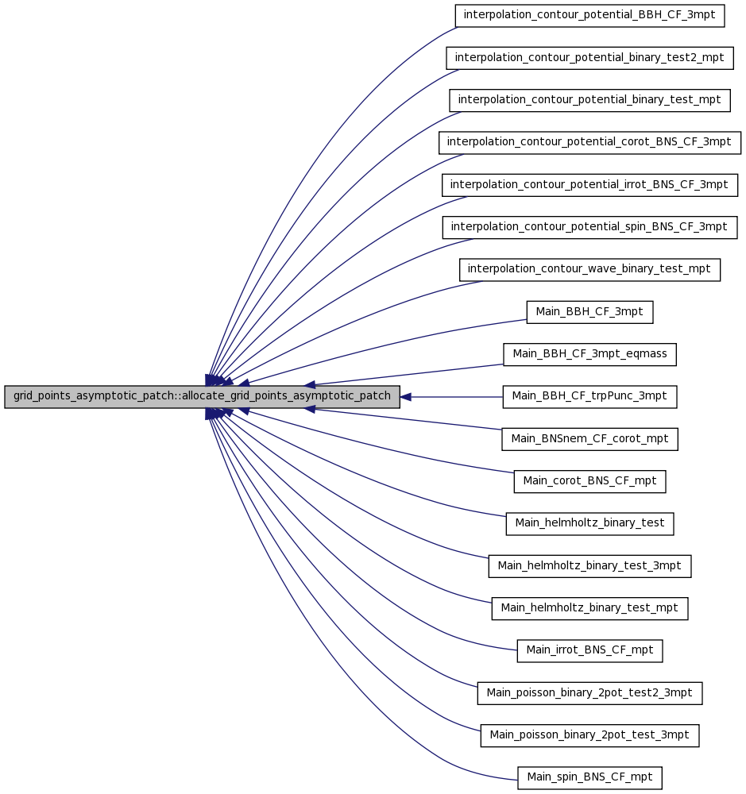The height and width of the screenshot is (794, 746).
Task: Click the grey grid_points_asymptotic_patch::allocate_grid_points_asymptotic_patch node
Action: pos(203,396)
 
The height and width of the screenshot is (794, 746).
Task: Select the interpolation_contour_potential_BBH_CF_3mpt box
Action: pos(589,15)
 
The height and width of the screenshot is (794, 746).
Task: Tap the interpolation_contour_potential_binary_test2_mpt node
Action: pos(589,58)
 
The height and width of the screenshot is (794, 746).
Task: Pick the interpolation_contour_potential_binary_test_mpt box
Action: pos(589,100)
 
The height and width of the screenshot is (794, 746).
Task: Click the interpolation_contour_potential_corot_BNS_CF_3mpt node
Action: pos(589,142)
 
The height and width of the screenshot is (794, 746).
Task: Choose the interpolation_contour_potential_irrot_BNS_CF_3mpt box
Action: pos(589,185)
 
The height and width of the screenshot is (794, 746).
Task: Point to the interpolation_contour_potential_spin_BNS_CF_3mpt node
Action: pos(589,227)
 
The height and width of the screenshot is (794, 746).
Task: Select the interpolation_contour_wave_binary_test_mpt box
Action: pos(589,269)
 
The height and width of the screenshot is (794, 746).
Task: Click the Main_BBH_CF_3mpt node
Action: pos(589,312)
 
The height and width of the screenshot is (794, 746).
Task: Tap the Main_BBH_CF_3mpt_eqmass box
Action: pos(589,354)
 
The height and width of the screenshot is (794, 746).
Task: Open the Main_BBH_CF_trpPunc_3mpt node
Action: pos(589,396)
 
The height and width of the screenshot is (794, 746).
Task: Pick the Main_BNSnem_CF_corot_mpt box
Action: pos(589,439)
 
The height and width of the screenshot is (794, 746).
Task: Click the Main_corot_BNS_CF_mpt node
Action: pos(589,481)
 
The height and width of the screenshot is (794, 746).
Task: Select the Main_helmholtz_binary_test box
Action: pos(589,523)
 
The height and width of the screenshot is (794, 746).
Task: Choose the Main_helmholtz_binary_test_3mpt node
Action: pos(589,566)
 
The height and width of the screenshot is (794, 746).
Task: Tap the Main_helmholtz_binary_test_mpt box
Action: pos(589,608)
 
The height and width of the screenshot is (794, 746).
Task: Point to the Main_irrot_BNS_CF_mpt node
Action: pos(589,651)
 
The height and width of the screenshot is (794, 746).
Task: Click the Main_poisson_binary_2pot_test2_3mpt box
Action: pos(589,693)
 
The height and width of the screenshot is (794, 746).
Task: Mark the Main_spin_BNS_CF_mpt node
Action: pos(589,778)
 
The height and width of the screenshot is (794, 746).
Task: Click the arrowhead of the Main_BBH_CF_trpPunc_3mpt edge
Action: pos(405,397)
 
